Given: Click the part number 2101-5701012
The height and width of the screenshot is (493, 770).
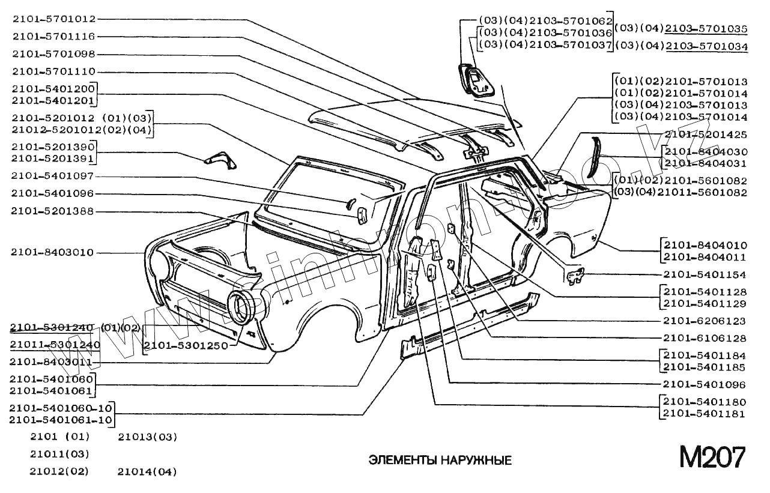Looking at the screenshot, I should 53,19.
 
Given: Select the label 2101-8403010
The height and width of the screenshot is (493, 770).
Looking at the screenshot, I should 52,252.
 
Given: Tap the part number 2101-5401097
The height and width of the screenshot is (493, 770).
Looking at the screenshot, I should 53,176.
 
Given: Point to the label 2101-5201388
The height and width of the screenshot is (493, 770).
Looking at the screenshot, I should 53,211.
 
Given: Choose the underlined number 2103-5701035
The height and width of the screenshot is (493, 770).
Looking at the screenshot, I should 706,28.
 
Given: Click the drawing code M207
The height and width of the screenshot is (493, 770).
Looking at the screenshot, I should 712,458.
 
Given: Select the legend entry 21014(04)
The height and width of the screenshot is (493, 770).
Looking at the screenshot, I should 147,472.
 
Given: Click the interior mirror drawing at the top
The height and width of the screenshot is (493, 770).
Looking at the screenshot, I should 475,80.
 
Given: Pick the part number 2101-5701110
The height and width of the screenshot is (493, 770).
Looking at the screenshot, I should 53,71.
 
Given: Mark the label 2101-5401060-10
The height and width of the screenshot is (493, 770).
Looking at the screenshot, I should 61,408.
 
